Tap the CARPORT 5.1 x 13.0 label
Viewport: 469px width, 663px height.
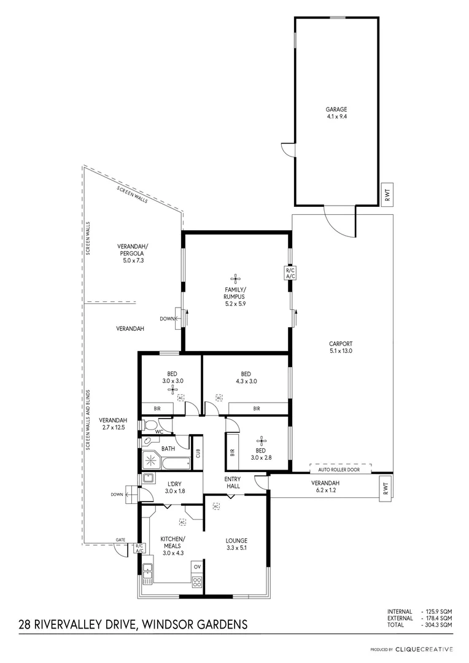click(340, 347)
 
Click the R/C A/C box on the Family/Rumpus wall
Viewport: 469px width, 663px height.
click(290, 273)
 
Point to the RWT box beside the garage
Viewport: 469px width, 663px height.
click(387, 195)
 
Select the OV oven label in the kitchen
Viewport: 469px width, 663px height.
click(197, 567)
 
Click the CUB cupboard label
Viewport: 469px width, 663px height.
click(198, 454)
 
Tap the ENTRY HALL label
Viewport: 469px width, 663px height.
click(233, 483)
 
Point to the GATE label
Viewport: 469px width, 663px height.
click(120, 540)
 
